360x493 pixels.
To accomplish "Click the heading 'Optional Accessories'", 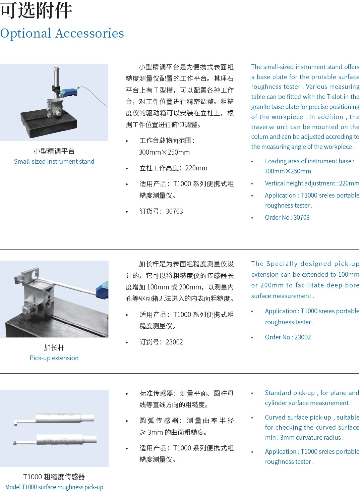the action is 62,34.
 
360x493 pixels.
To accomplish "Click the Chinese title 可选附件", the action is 36,11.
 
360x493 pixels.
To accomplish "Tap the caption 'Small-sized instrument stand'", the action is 54,161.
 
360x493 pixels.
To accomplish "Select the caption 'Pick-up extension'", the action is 54,358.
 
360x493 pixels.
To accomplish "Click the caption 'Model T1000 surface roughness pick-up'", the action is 54,487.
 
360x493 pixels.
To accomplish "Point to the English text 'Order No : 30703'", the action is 287,217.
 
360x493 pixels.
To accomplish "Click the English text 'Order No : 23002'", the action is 288,337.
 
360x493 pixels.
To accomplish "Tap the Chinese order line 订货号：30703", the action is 161,211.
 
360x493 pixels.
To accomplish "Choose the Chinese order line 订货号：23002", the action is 161,342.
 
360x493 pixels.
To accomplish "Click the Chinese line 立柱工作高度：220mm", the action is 173,168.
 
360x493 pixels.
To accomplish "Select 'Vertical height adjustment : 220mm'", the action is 312,183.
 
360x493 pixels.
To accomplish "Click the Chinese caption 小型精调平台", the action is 54,151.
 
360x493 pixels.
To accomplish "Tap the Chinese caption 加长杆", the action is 54,348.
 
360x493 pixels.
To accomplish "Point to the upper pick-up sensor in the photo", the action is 54,418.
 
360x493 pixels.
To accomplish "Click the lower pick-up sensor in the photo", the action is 55,440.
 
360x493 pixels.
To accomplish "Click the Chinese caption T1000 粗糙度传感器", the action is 54,477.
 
